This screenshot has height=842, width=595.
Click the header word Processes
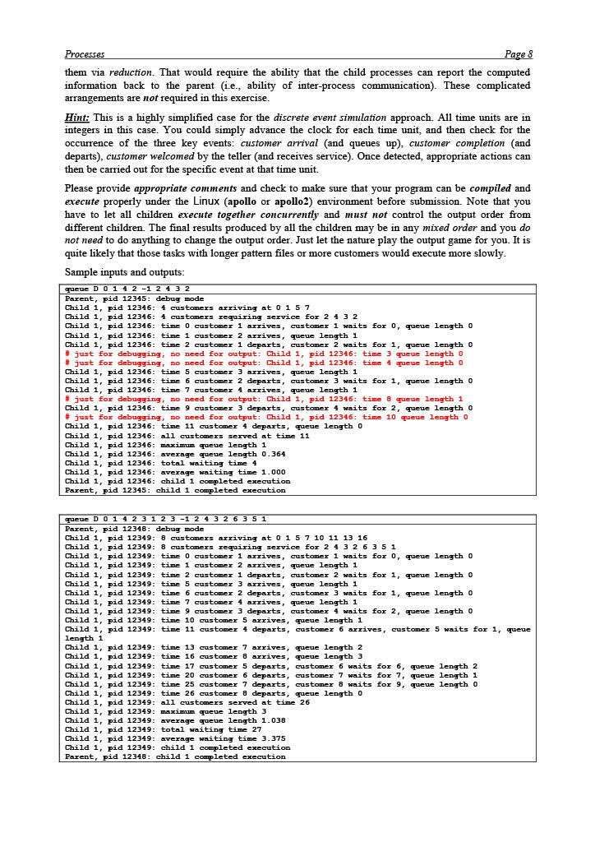(x=84, y=54)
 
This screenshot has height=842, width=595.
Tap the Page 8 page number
(x=519, y=54)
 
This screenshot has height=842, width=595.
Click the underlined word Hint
(x=76, y=118)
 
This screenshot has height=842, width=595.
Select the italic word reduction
(x=130, y=72)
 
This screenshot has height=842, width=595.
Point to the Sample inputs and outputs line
(x=124, y=272)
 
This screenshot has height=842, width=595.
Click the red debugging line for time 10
(x=266, y=417)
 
